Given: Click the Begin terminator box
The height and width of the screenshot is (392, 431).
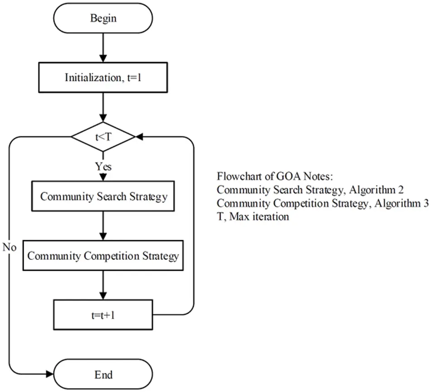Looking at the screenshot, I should pos(103,19).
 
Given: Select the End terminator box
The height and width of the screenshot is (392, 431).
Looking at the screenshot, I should pos(103,375).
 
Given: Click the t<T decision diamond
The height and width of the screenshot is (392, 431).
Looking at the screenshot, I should pos(103,136).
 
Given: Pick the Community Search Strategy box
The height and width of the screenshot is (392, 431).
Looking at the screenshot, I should pos(103,197).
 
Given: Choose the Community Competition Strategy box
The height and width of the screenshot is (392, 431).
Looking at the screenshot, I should pos(103,256).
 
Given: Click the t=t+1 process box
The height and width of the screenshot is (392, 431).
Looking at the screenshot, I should pos(103,314).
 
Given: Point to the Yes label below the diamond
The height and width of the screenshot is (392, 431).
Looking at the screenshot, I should pos(103,167).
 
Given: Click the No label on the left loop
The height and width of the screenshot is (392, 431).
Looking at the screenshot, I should pos(10,247).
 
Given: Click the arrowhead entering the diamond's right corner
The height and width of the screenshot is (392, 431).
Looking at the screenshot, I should pos(139,136).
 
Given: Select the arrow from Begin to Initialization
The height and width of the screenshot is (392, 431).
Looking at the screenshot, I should pos(103,48).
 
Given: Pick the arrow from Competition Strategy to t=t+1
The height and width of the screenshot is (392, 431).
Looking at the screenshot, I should pos(103,285).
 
